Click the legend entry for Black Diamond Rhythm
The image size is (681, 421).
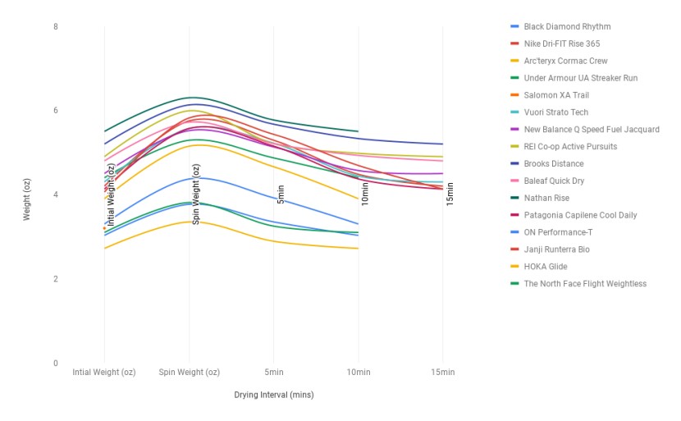567,26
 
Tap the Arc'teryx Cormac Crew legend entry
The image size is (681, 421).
565,61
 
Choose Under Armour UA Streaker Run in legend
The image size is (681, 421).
580,78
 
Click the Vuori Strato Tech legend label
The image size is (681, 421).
555,112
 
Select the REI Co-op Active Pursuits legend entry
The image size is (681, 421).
570,147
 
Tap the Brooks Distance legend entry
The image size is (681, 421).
554,164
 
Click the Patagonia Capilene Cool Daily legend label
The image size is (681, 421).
580,215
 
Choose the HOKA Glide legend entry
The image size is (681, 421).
545,267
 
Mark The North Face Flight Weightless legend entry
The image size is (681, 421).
585,284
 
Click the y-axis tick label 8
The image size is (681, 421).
55,26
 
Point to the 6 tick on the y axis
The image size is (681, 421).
55,111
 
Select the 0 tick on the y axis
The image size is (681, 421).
55,364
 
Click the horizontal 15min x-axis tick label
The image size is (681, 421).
442,373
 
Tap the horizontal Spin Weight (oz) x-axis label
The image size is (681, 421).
190,373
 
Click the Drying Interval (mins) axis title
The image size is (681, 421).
273,395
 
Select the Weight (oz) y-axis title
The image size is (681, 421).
26,195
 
